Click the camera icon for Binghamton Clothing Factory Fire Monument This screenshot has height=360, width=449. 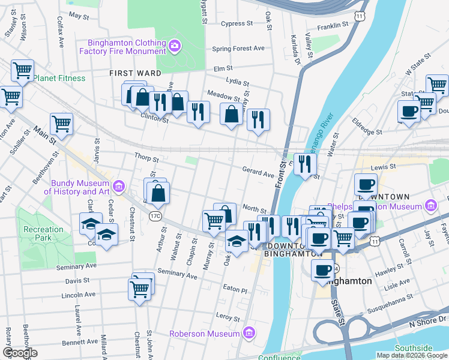(175, 45)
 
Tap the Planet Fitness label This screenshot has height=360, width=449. (59, 78)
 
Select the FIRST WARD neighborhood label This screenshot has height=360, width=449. (135, 73)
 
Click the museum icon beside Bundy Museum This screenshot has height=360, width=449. (119, 186)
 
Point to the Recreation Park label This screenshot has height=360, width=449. (43, 234)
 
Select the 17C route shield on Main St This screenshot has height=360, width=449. (156, 215)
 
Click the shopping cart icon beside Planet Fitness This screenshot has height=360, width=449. (22, 71)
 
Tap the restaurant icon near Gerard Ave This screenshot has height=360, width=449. (305, 163)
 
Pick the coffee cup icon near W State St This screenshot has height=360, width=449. (409, 111)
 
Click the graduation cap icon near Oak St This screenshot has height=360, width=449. (237, 242)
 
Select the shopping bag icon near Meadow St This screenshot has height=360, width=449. (231, 113)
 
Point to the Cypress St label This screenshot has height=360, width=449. (237, 24)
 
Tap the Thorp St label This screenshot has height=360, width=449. (146, 160)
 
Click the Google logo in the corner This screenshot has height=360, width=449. (20, 353)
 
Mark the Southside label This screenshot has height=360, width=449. (414, 348)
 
